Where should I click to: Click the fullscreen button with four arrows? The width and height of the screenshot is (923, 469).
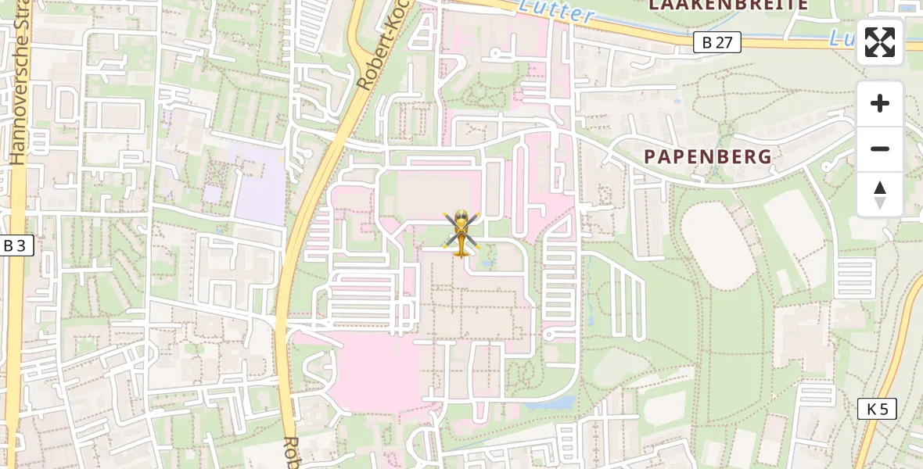[880, 42]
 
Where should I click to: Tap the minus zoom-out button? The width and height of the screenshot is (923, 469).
[880, 149]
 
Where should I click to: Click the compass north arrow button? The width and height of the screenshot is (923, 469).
[880, 194]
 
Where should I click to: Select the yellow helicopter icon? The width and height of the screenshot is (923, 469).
[460, 234]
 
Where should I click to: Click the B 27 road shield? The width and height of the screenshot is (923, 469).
[716, 42]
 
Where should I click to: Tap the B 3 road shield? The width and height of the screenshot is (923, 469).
[14, 245]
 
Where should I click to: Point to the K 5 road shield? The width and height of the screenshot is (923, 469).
[877, 408]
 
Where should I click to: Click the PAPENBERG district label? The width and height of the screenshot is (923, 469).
[708, 156]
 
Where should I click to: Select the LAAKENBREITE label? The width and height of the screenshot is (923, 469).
[728, 5]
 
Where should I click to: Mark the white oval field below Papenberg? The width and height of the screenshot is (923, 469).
[717, 244]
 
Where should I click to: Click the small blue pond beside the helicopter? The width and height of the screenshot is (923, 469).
[489, 263]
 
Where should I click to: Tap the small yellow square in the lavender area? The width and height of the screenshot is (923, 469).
[211, 194]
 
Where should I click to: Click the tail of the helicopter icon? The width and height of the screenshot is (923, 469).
[460, 251]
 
